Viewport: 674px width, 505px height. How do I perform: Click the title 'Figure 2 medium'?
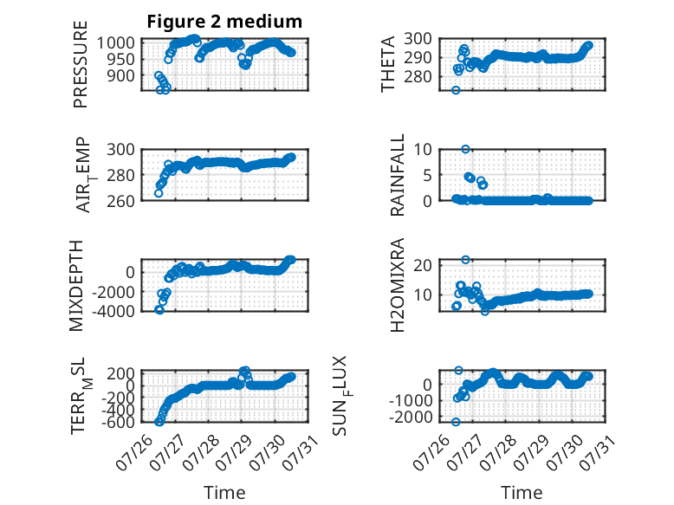pos(224,22)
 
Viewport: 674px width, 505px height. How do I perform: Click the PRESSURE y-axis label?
pos(81,64)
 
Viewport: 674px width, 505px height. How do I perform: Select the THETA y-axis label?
pos(388,64)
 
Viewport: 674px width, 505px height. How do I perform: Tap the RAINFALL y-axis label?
pos(397,175)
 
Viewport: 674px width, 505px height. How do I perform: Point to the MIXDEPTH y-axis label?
pos(75,286)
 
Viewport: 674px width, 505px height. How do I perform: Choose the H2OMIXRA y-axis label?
pos(397,285)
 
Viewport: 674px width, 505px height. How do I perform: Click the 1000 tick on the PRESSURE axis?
pos(115,43)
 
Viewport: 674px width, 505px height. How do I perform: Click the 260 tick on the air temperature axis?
pos(120,201)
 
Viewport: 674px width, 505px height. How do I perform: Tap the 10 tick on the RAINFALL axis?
pos(423,150)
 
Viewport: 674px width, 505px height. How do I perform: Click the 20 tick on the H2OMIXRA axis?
pos(423,265)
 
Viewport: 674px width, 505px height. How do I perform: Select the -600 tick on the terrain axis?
pos(118,422)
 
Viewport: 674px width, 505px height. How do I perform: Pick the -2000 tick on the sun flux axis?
pos(411,417)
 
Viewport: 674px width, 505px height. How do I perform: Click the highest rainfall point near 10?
pos(465,149)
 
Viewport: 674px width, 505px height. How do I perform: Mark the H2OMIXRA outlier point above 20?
pos(465,260)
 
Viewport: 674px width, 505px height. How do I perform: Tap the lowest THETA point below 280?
pos(456,90)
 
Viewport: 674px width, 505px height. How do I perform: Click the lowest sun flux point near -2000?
pos(456,422)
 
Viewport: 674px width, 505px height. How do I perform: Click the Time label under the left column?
pos(224,493)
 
